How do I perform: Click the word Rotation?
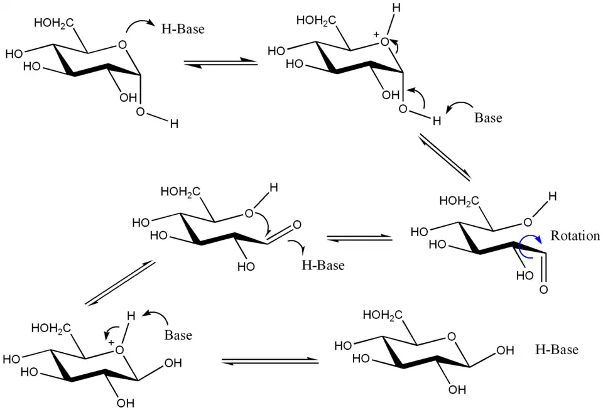pyautogui.click(x=575, y=236)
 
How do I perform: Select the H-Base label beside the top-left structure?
pyautogui.click(x=183, y=29)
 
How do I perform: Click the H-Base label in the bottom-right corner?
pyautogui.click(x=557, y=350)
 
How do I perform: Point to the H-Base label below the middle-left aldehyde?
pyautogui.click(x=323, y=265)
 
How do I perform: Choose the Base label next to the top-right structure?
pyautogui.click(x=488, y=117)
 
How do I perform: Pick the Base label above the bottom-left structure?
pyautogui.click(x=178, y=335)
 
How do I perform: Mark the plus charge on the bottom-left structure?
pyautogui.click(x=111, y=342)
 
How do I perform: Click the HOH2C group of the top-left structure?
pyautogui.click(x=54, y=24)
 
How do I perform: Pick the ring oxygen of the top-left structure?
pyautogui.click(x=122, y=46)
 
